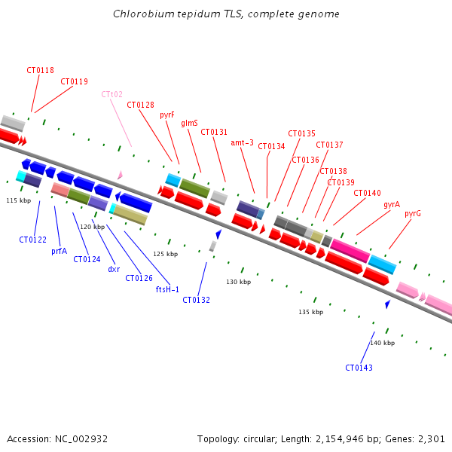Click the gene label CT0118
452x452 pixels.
point(40,70)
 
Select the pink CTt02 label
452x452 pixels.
point(111,94)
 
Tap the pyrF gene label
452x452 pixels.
point(167,115)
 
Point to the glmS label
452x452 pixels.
point(189,123)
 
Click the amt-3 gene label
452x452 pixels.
point(242,142)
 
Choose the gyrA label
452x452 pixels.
point(391,204)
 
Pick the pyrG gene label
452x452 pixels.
point(412,213)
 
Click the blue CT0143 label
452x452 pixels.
point(359,368)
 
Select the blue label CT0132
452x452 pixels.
point(196,300)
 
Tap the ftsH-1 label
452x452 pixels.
point(167,289)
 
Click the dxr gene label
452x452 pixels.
point(114,269)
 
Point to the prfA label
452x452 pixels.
point(59,251)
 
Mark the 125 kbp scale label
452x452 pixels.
point(165,254)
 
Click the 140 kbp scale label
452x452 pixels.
point(382,343)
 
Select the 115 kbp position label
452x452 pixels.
point(19,200)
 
